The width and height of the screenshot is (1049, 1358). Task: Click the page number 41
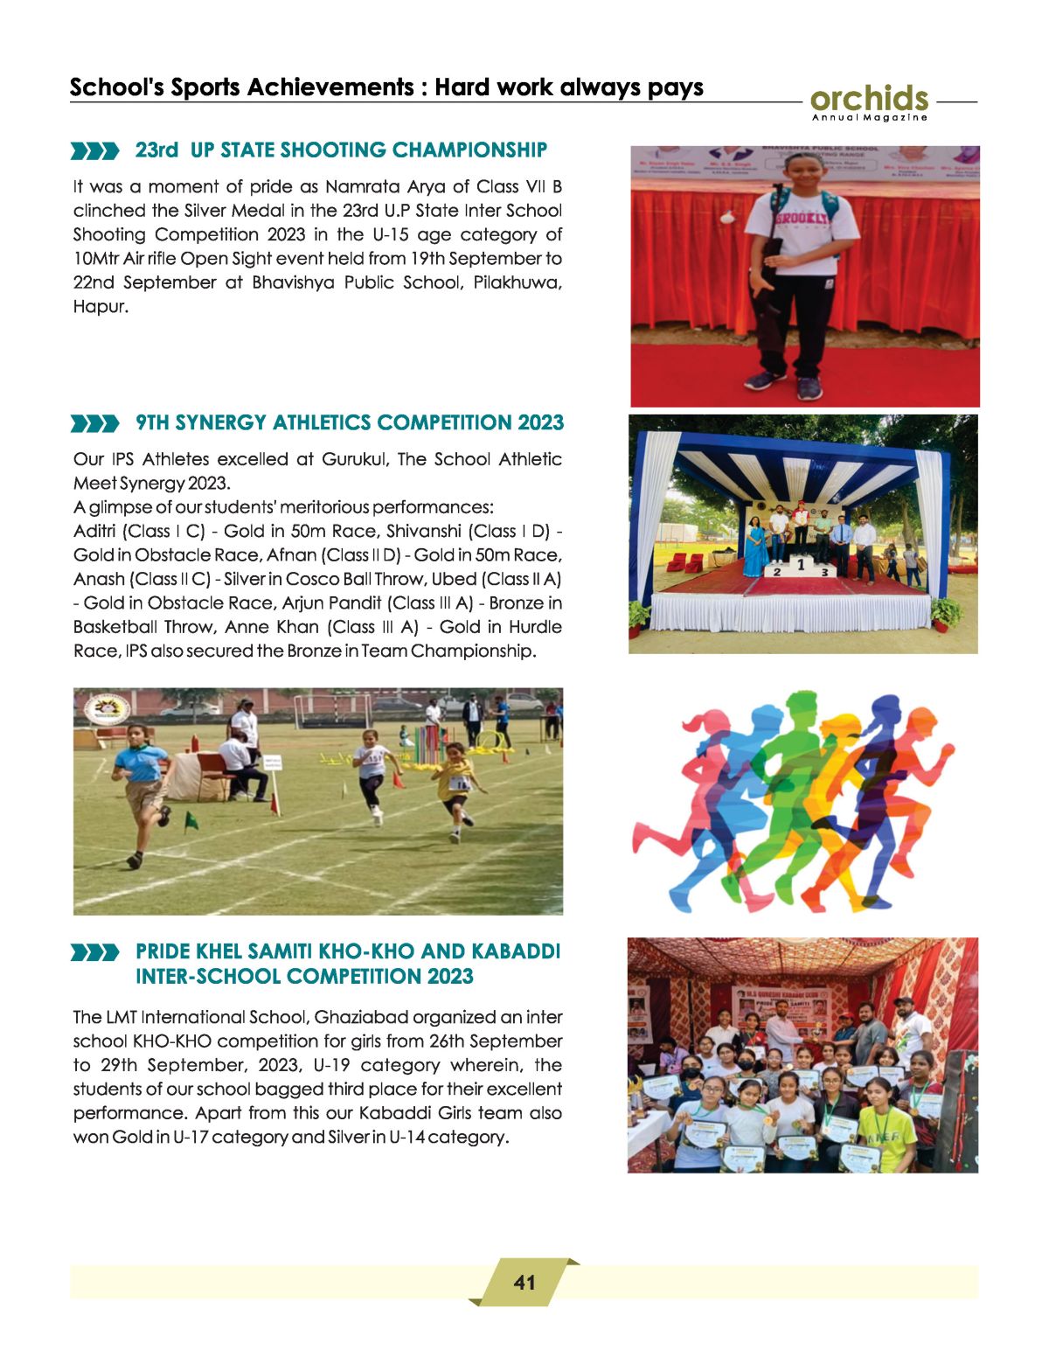[524, 1283]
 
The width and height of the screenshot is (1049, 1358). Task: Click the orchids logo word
[869, 98]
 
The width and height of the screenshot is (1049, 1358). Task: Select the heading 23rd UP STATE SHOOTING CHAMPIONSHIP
[341, 150]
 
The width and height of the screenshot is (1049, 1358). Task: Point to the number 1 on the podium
[800, 566]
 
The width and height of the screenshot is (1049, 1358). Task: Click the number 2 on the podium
[775, 571]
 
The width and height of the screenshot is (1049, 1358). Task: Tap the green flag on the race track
[190, 819]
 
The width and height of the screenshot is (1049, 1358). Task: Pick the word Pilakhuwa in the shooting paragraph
[516, 283]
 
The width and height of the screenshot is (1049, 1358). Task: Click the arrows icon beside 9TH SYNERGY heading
[95, 424]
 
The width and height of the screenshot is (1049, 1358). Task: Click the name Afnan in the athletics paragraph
[291, 555]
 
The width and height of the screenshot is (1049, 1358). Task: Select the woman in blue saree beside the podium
[753, 547]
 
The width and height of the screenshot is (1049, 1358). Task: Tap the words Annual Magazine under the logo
[869, 117]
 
